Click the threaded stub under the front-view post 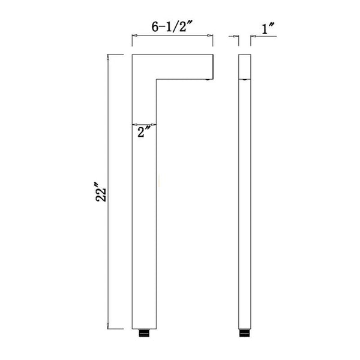pyautogui.click(x=143, y=331)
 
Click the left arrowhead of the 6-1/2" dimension pyautogui.click(x=135, y=37)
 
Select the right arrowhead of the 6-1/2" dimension pyautogui.click(x=210, y=37)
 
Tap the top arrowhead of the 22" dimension pyautogui.click(x=108, y=58)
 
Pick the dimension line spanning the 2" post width pyautogui.click(x=144, y=124)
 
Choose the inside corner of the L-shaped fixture pyautogui.click(x=156, y=78)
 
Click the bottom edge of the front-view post pyautogui.click(x=143, y=328)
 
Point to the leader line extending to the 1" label pyautogui.click(x=264, y=37)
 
